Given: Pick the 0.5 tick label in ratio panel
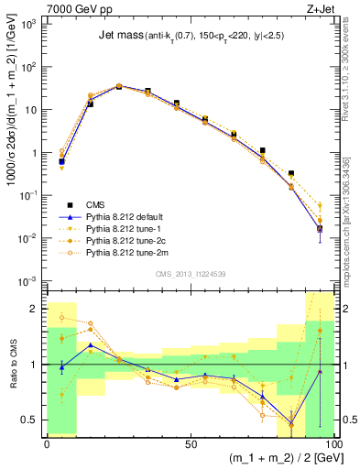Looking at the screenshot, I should (x=31, y=420).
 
